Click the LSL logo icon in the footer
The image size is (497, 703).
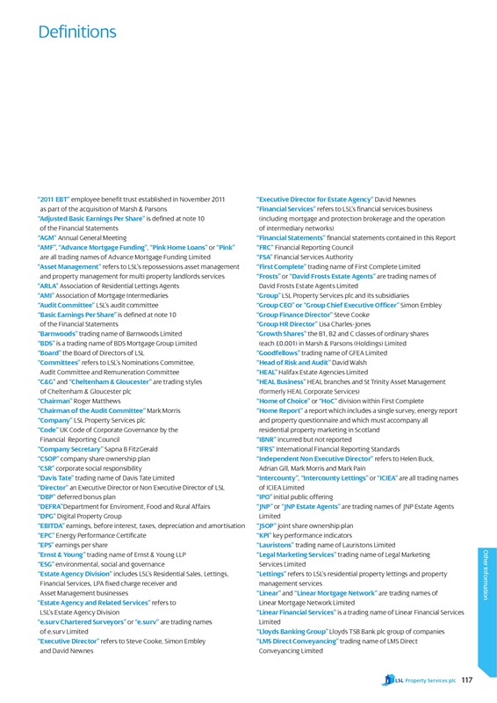386,679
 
